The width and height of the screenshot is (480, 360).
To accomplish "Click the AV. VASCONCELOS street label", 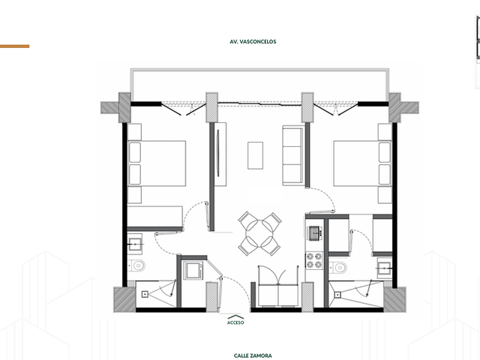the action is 253,42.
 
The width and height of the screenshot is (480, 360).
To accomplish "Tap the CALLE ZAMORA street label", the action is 253,355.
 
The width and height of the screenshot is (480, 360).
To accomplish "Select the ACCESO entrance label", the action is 235,322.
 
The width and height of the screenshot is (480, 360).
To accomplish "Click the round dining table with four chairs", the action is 259,234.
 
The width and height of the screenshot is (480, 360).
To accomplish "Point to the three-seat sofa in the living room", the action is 293,155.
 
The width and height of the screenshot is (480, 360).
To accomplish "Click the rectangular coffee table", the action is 255,155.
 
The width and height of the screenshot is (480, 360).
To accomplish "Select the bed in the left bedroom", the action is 157,163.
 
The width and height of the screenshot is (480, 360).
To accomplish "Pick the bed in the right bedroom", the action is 362,163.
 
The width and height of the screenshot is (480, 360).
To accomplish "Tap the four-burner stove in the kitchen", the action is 314,261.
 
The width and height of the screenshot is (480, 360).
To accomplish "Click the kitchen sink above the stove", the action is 315,233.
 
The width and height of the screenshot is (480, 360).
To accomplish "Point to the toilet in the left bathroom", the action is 136,265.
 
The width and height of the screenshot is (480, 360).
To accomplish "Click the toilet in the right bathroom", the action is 338,268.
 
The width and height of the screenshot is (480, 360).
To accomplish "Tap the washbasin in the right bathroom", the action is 385,268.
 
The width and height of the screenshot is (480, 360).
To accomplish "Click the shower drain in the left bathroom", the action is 145,295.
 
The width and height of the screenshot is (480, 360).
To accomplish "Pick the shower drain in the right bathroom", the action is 337,295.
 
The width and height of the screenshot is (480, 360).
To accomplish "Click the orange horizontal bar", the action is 15,46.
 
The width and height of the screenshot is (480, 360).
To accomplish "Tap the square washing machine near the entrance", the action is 193,270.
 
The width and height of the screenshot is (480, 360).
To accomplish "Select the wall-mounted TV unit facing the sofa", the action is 219,154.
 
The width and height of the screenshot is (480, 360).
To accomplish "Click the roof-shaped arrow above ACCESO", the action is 235,316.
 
